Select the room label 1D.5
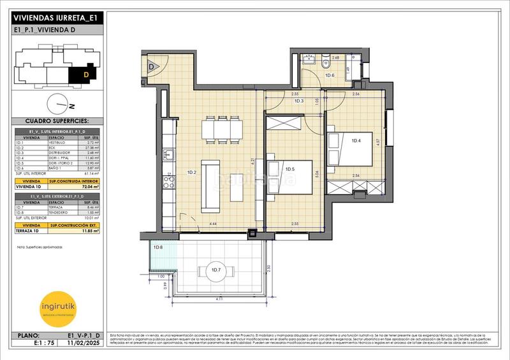click(290, 169)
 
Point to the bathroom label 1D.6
click(330, 76)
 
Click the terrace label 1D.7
click(215, 271)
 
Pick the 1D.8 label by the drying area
click(158, 247)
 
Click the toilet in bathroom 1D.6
click(326, 62)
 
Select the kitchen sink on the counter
click(169, 155)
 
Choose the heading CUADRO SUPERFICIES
click(56, 120)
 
